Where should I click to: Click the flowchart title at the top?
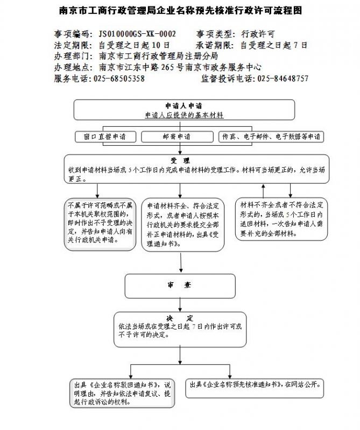[180, 10]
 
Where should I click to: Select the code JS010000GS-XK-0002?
[137, 33]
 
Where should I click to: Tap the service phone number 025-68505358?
[119, 78]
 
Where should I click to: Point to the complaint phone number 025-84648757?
[283, 78]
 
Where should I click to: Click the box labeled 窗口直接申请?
[105, 137]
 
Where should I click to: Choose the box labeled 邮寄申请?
[177, 137]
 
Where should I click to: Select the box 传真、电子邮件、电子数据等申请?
[272, 137]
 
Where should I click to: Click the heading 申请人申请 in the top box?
[184, 105]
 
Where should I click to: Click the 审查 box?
[180, 285]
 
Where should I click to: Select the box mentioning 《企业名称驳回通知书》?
[123, 393]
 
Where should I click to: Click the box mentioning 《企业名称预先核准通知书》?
[256, 385]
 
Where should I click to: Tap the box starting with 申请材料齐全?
[183, 225]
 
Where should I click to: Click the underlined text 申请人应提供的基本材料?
[184, 115]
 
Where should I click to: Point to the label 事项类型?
[214, 33]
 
